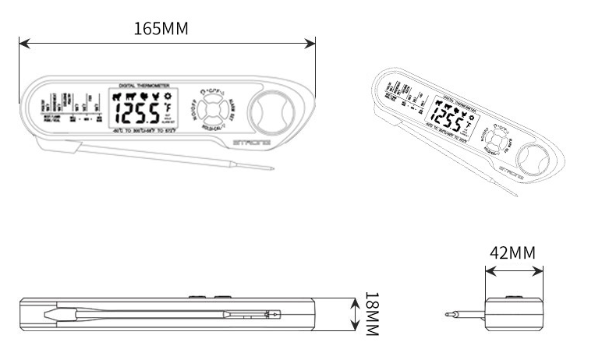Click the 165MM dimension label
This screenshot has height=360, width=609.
(161, 29)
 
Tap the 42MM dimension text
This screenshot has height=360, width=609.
(512, 254)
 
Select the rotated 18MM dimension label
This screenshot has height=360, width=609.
(371, 315)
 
